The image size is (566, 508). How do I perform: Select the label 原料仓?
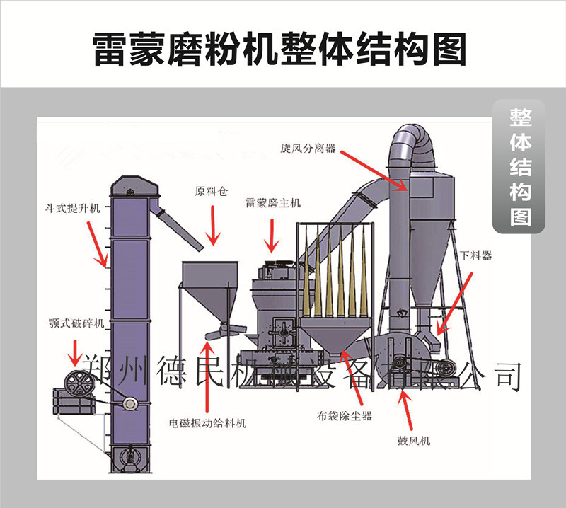(x=211, y=191)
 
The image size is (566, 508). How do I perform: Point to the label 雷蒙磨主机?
(x=273, y=203)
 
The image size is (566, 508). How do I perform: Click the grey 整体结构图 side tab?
(x=520, y=166)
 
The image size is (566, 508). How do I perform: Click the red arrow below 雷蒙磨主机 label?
(x=272, y=236)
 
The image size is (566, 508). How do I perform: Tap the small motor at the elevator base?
(x=129, y=403)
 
